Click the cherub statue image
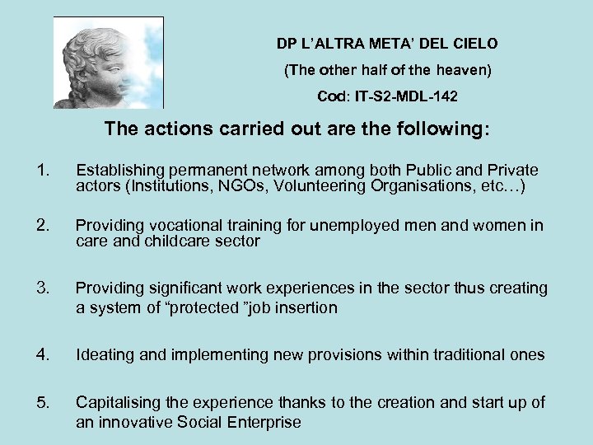pos(109,63)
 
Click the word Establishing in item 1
pos(116,171)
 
